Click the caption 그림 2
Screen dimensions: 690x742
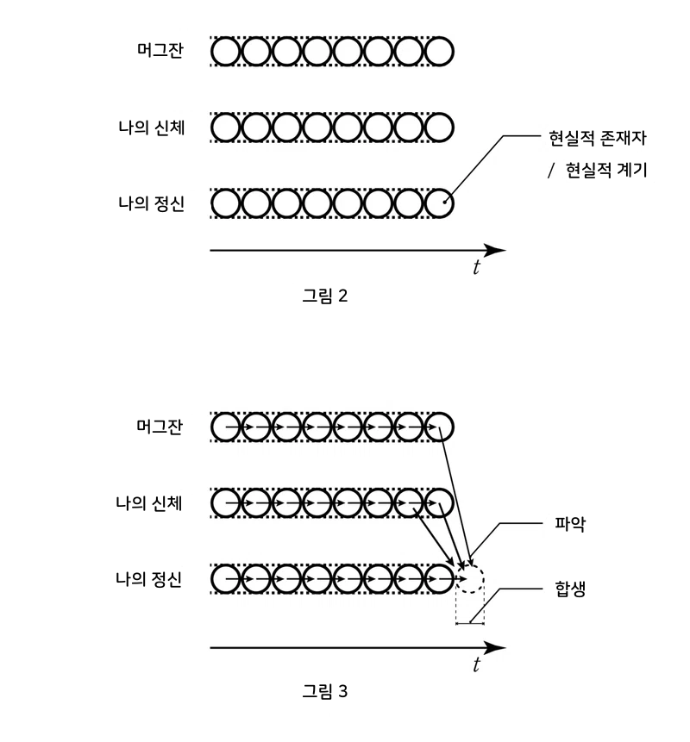coord(324,296)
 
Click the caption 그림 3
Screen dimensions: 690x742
coord(324,690)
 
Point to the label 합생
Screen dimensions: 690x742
coord(571,590)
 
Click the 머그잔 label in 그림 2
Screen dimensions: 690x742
coord(160,51)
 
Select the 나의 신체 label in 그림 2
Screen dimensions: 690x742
coord(152,127)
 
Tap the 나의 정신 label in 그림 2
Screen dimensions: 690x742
coord(152,203)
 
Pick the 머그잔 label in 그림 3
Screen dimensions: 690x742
coord(160,427)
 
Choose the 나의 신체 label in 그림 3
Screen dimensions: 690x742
coord(152,502)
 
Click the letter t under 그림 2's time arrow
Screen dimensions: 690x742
coord(476,268)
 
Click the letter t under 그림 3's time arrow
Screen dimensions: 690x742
coord(476,665)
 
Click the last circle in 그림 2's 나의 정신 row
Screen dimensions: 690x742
coord(440,203)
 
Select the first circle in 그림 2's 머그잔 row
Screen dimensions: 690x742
coord(225,52)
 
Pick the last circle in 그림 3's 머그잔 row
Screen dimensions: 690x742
coord(440,427)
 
